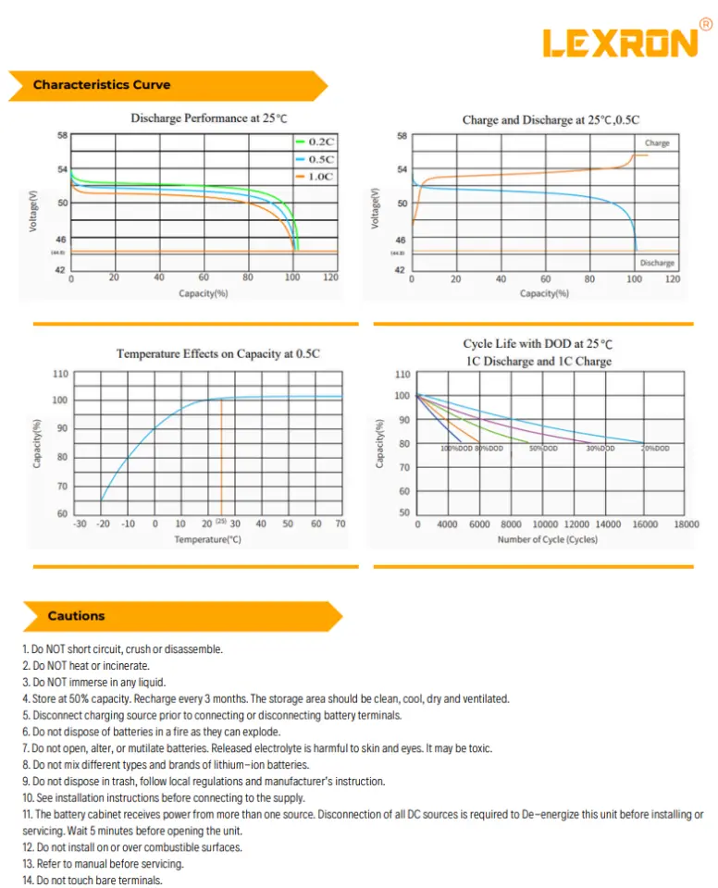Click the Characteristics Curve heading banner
click(x=102, y=85)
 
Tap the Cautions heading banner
click(x=77, y=616)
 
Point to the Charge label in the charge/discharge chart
click(x=657, y=143)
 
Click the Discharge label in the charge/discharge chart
click(x=657, y=263)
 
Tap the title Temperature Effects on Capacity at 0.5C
click(x=218, y=353)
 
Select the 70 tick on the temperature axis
click(x=340, y=524)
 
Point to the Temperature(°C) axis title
click(x=207, y=539)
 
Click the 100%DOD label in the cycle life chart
click(x=457, y=448)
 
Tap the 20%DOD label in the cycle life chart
click(x=655, y=448)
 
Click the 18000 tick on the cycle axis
click(x=686, y=524)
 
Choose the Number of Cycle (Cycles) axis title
click(x=548, y=539)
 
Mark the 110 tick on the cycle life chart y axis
click(x=402, y=375)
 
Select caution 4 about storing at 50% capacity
click(x=266, y=699)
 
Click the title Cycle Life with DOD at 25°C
click(x=538, y=344)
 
